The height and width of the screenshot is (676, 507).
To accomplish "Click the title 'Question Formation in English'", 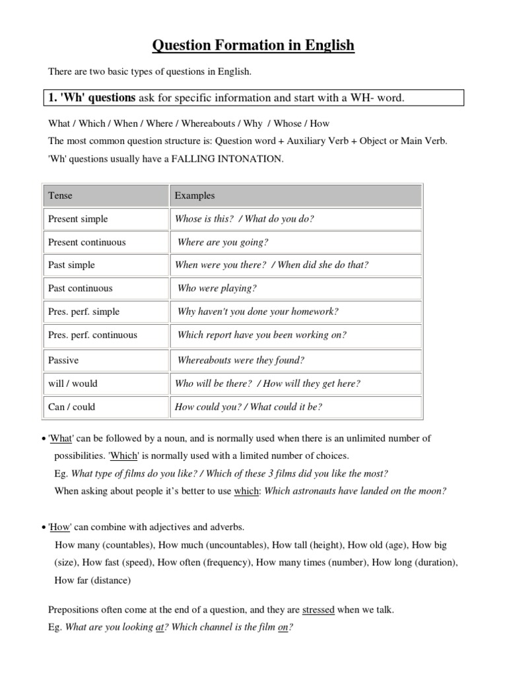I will click(253, 46).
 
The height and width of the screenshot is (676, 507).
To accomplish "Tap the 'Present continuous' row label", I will click(86, 242).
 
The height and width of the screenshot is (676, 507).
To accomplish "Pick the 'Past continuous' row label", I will click(81, 288).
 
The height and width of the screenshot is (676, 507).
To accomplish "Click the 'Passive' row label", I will click(63, 360).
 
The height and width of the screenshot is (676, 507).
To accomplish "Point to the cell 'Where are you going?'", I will click(223, 242).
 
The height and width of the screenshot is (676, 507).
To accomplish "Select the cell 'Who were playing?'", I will click(217, 288).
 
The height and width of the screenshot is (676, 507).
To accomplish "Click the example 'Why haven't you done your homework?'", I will click(257, 312).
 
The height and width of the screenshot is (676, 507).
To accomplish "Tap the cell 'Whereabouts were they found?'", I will click(241, 360).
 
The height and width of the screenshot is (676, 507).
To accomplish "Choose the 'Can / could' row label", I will click(71, 407).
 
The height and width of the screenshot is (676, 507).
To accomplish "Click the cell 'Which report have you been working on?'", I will click(262, 335).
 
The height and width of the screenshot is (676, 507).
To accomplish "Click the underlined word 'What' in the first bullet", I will click(60, 438).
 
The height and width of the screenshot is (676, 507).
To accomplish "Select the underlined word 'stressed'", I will click(318, 610).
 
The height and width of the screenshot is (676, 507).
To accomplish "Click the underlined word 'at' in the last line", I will click(159, 628).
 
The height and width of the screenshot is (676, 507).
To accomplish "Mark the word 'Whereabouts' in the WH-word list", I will click(209, 123).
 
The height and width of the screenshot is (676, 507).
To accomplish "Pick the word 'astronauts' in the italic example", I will click(310, 490).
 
